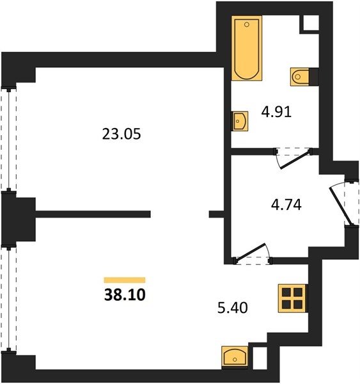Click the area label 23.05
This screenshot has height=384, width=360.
click(x=121, y=134)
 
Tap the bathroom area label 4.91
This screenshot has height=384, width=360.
click(x=276, y=112)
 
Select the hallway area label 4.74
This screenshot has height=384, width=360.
click(x=286, y=205)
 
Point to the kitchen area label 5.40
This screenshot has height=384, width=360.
click(x=233, y=308)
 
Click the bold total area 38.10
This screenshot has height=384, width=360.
click(x=125, y=294)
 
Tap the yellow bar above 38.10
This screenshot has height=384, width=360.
click(x=125, y=280)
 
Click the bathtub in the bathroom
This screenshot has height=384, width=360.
click(x=247, y=48)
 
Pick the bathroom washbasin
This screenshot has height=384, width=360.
click(x=240, y=121)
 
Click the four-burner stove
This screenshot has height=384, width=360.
click(x=293, y=298)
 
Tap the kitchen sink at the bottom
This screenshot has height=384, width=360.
click(x=235, y=357)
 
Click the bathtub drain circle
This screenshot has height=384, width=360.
click(x=247, y=24)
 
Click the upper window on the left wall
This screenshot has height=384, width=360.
click(x=9, y=139)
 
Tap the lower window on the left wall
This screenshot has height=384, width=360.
click(x=9, y=298)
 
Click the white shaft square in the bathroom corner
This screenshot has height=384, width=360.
click(x=311, y=23)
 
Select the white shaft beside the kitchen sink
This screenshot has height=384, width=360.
click(x=260, y=358)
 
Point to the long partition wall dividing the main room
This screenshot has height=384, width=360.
click(x=93, y=214)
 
